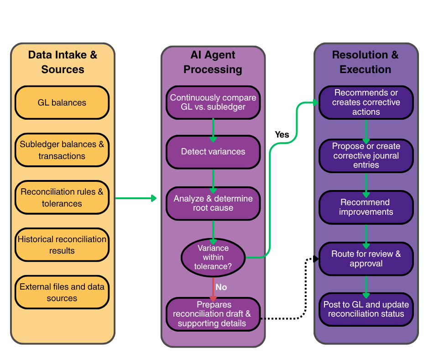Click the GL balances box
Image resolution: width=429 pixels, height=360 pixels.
[62, 103]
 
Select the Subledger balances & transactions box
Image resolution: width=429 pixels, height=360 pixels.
[62, 150]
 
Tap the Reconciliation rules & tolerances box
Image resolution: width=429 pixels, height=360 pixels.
[62, 198]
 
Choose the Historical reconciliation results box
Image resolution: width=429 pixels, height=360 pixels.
[62, 245]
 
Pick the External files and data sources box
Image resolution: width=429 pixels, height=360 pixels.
[62, 292]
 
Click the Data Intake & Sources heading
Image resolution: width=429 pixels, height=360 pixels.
[63, 62]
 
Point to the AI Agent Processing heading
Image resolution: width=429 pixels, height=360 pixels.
[213, 62]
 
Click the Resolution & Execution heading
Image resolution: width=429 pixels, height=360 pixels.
[365, 62]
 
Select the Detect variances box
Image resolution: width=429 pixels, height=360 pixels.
[213, 152]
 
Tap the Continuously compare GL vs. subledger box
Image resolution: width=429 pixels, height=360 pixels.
[213, 103]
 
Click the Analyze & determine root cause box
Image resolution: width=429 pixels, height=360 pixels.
[213, 203]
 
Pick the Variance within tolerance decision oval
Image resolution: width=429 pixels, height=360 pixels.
[213, 257]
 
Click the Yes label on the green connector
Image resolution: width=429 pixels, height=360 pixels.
[282, 135]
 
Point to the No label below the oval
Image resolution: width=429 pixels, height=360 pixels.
[221, 287]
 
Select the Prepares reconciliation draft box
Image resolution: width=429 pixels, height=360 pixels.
[213, 314]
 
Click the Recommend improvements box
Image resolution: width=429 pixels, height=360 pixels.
[366, 207]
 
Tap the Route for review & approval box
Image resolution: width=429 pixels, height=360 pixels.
[366, 259]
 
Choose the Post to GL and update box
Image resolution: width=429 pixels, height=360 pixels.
[366, 309]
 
